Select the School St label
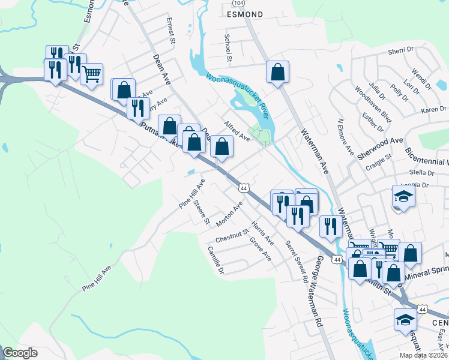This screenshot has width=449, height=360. coord(228,48)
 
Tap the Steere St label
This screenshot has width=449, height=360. coord(202,212)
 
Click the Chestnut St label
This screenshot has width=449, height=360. coord(232,235)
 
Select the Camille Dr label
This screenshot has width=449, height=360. coord(215,260)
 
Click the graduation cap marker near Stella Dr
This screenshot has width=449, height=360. coord(403,197)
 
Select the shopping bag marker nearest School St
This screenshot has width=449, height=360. coord(278,72)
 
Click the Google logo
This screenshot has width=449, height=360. coord(20,353)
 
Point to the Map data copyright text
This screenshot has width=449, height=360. coord(424,355)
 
